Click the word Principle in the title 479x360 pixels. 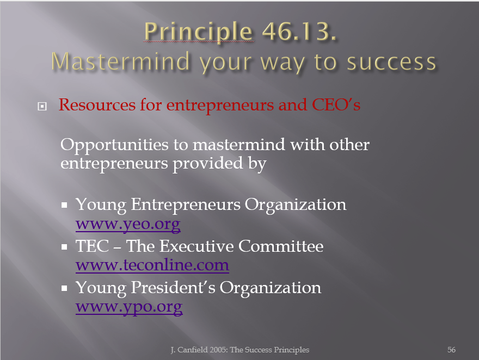tap(198, 32)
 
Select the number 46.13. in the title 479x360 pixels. tap(299, 31)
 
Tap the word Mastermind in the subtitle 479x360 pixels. tap(120, 61)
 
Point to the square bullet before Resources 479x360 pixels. tap(42, 106)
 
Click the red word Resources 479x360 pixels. tap(97, 104)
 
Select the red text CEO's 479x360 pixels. tap(336, 104)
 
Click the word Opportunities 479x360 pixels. tap(114, 145)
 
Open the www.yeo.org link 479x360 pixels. tap(128, 224)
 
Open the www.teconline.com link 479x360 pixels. tap(152, 265)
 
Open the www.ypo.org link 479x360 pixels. tap(129, 307)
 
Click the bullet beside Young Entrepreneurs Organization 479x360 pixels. tap(64, 205)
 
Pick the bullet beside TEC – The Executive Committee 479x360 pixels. tap(64, 246)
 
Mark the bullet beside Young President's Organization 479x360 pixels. tap(64, 288)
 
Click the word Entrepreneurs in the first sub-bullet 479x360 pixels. tap(186, 204)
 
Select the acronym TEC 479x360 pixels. tap(92, 246)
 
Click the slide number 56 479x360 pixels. tap(451, 350)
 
